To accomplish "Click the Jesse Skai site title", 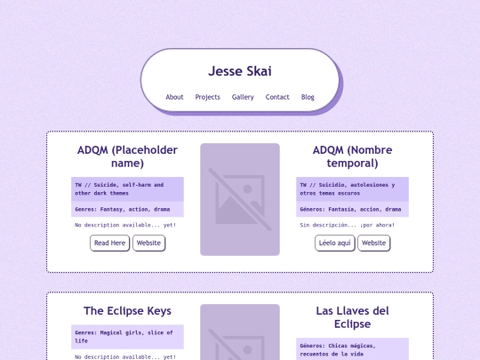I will point(240,71).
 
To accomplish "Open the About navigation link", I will point(174,97).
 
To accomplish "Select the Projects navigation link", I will point(207,97).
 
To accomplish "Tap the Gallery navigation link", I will point(243,97).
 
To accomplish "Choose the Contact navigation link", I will point(277,97).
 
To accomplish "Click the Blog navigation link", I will point(308,97).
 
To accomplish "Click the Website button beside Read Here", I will point(148,243).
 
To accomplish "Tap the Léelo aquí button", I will point(334,243).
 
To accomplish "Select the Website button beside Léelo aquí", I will point(374,243).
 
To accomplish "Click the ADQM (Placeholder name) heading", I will point(127,156).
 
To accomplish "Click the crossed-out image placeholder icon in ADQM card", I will point(240,199).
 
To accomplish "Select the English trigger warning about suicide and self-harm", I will point(127,188).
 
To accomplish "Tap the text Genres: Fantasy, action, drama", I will point(124,209).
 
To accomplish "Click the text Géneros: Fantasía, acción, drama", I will point(350,209).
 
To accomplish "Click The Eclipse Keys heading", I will point(127,311).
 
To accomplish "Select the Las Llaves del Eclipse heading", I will point(352,316).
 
